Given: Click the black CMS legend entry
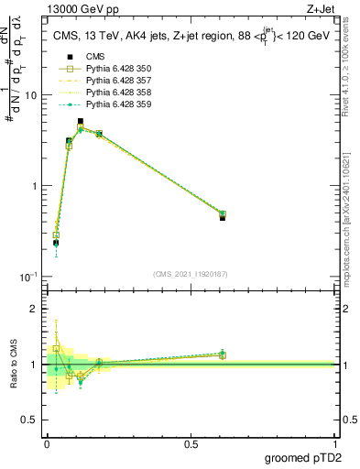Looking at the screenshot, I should [x=96, y=57].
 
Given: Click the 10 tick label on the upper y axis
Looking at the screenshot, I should [x=29, y=95].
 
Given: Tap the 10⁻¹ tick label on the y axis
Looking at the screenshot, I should [x=27, y=277].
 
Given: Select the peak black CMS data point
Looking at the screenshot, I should [x=81, y=121].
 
